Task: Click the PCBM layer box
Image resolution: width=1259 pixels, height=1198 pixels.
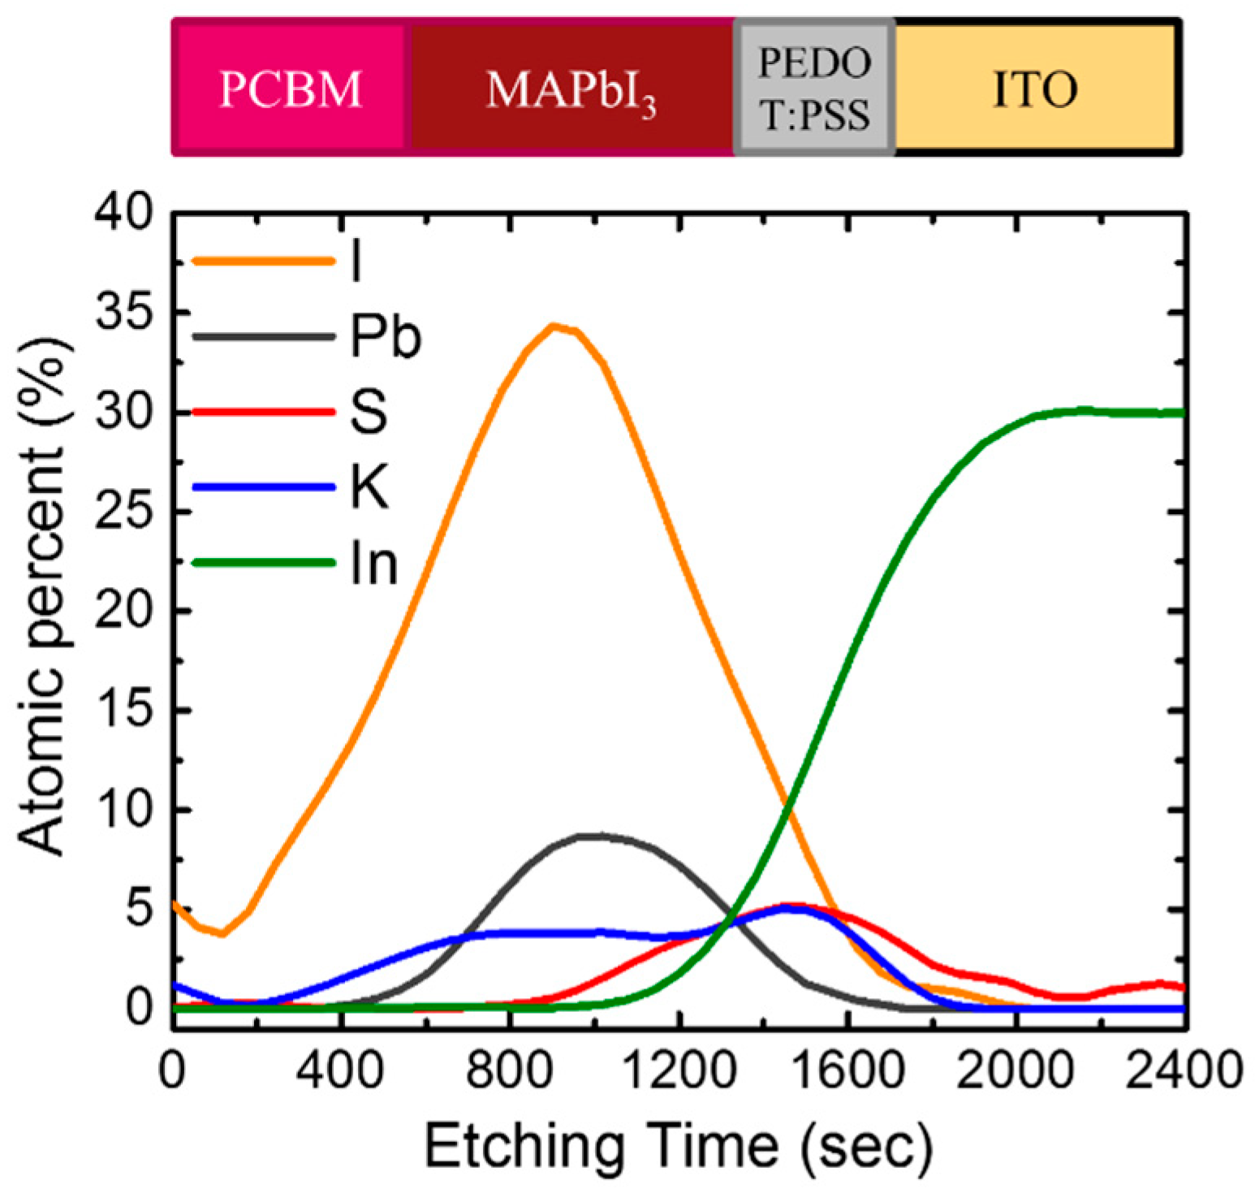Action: tap(290, 88)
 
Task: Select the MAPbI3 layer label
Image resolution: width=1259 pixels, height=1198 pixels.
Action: tap(571, 89)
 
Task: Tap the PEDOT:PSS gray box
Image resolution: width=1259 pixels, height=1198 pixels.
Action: tap(814, 88)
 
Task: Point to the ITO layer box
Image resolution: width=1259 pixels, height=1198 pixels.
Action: tap(1035, 88)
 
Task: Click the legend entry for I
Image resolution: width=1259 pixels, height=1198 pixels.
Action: tap(276, 261)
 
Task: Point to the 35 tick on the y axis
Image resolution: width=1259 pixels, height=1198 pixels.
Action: tap(124, 314)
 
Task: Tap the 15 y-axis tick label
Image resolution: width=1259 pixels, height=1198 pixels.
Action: tap(124, 711)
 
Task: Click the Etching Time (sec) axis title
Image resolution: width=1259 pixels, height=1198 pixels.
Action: tap(678, 1146)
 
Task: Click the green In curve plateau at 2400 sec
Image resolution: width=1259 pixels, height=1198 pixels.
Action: tap(1181, 413)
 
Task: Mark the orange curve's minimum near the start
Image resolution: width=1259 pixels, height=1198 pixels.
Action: tap(221, 934)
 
